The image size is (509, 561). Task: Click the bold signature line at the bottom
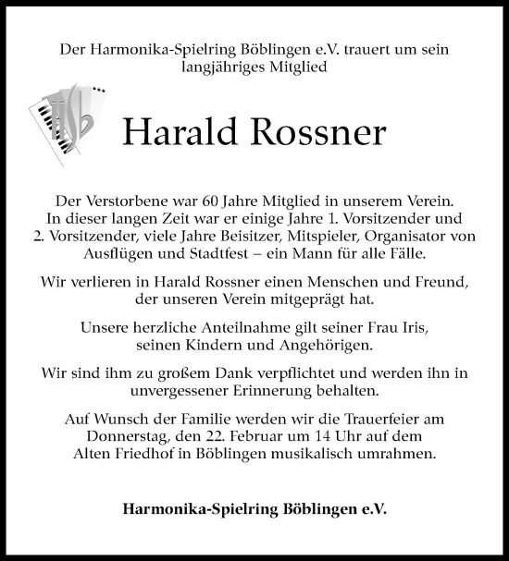(254, 508)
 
